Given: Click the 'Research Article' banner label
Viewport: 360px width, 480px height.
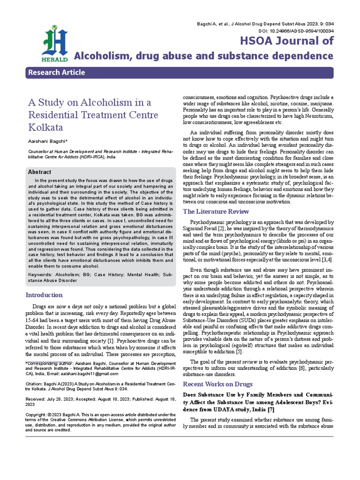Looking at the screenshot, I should (x=57, y=73).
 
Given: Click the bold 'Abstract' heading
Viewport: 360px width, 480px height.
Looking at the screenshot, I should (x=41, y=172).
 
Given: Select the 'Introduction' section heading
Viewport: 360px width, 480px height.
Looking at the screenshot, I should (x=44, y=295).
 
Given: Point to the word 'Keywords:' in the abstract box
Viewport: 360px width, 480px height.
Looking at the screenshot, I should (x=39, y=274).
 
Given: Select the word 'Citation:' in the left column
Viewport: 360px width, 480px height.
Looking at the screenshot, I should (x=35, y=383).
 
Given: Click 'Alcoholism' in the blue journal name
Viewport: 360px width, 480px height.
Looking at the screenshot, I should (x=102, y=57).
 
